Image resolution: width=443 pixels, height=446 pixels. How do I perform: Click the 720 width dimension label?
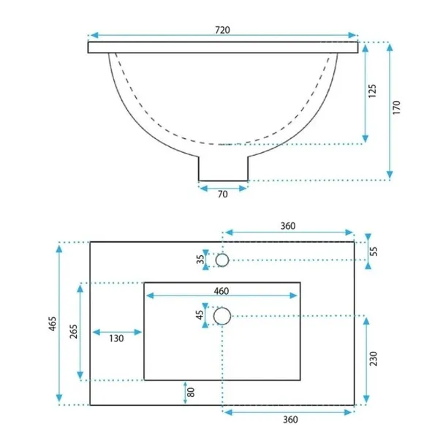222,30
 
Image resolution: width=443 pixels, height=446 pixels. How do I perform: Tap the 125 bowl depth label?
372,91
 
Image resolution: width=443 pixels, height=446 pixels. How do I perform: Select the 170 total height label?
396,107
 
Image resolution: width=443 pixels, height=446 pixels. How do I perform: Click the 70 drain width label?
223,194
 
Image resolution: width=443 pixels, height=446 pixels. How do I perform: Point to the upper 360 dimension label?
288,226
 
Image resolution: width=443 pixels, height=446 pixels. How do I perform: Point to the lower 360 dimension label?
290,420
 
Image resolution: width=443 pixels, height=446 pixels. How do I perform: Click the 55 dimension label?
374,252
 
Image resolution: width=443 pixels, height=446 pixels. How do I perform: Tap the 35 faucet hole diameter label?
200,259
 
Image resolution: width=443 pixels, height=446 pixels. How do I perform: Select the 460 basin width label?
221,291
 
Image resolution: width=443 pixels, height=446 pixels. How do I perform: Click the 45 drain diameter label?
200,314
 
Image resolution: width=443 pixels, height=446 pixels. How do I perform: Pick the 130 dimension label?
116,339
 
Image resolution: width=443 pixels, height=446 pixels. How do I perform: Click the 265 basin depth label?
73,331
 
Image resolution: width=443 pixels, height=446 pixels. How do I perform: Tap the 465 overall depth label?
53,324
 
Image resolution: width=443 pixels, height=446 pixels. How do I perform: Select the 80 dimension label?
191,393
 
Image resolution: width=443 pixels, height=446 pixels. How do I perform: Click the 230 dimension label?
374,359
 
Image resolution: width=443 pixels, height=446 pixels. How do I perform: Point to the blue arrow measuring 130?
117,332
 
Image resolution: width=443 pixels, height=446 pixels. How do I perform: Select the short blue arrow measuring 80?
185,393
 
